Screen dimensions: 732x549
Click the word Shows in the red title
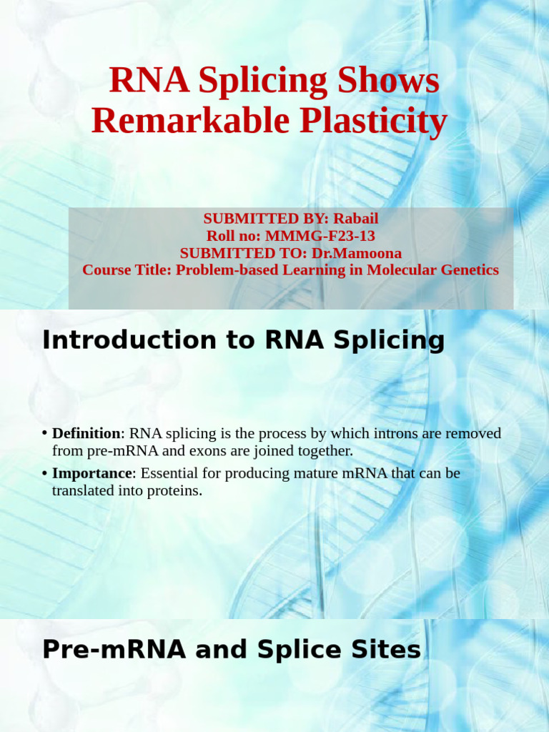391,81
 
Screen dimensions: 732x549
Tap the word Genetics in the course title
469,270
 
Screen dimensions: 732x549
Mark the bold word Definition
86,434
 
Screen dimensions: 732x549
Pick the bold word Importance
91,474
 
